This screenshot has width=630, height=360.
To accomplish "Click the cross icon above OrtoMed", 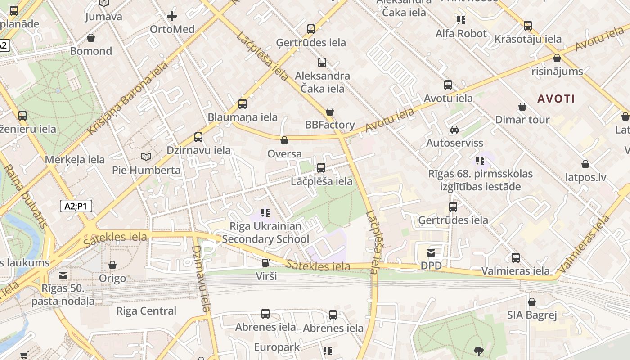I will (172, 17).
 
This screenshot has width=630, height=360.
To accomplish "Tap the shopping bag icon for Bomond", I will (91, 38).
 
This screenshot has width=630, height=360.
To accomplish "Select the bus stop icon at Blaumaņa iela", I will (243, 104).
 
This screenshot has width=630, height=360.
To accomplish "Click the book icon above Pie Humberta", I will (146, 157).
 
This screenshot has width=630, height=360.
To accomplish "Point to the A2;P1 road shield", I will (76, 206).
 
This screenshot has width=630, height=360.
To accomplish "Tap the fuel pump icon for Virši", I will (266, 263).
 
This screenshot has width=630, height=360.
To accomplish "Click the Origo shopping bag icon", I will (112, 265).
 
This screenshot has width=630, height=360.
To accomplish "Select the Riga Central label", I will (146, 311).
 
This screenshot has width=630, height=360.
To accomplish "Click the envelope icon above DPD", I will (431, 252).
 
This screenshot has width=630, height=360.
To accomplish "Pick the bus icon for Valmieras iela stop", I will (516, 258).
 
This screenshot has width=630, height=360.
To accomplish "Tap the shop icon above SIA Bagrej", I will (532, 302).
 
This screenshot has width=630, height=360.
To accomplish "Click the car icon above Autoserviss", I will (454, 130).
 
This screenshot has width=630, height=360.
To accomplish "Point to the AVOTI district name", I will (556, 99).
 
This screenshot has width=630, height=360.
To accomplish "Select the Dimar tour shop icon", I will (522, 107).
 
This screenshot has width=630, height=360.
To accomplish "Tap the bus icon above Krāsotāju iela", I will (528, 26).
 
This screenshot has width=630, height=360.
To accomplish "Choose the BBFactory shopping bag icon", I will (330, 112).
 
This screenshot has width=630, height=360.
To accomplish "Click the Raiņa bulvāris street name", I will (25, 196).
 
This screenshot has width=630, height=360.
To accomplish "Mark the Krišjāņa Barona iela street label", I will (128, 98).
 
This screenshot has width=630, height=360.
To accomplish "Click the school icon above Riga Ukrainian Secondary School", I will (265, 212).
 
